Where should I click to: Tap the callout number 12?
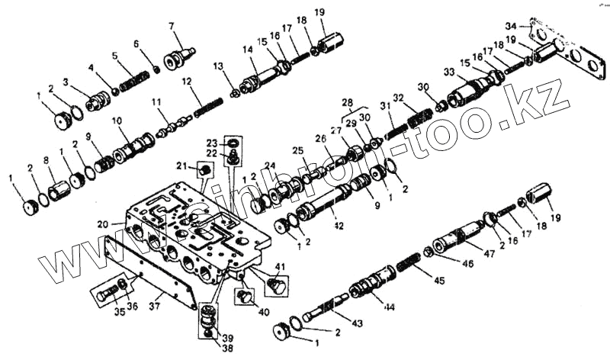[x=185, y=81]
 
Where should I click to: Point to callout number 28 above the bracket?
[x=347, y=101]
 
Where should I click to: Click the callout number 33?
[x=449, y=72]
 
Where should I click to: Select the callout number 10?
[x=117, y=121]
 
